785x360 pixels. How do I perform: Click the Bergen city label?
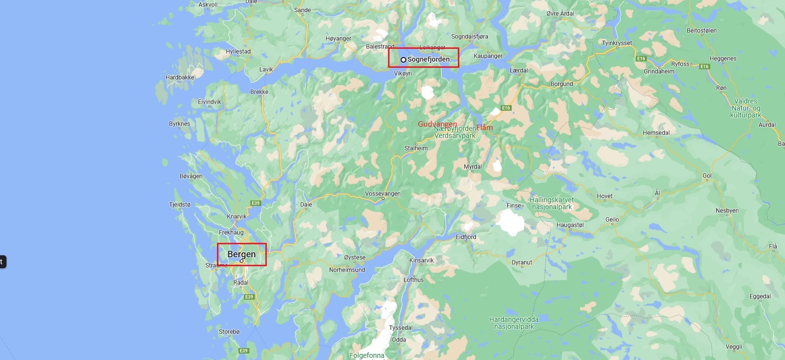(241, 254)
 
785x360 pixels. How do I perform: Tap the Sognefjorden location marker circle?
(403, 60)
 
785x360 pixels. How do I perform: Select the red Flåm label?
(484, 128)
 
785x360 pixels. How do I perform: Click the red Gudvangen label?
(437, 124)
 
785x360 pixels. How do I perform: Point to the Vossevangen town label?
(383, 193)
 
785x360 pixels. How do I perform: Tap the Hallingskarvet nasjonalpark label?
(552, 203)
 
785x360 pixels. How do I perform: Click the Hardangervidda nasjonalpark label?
(514, 323)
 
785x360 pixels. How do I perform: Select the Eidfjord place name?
(466, 237)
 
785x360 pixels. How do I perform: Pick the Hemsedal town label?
(656, 133)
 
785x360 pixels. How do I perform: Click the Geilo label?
(612, 219)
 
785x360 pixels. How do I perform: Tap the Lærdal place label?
(519, 70)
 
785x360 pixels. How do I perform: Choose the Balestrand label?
(380, 46)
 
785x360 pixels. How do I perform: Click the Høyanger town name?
(338, 38)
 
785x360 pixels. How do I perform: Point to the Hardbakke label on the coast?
(180, 77)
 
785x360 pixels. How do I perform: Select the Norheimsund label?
(347, 270)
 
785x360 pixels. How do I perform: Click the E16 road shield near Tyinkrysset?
(641, 58)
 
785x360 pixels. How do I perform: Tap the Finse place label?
(514, 205)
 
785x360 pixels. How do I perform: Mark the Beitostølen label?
(701, 30)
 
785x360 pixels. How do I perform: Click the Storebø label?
(229, 332)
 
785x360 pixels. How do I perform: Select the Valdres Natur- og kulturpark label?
(745, 108)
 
